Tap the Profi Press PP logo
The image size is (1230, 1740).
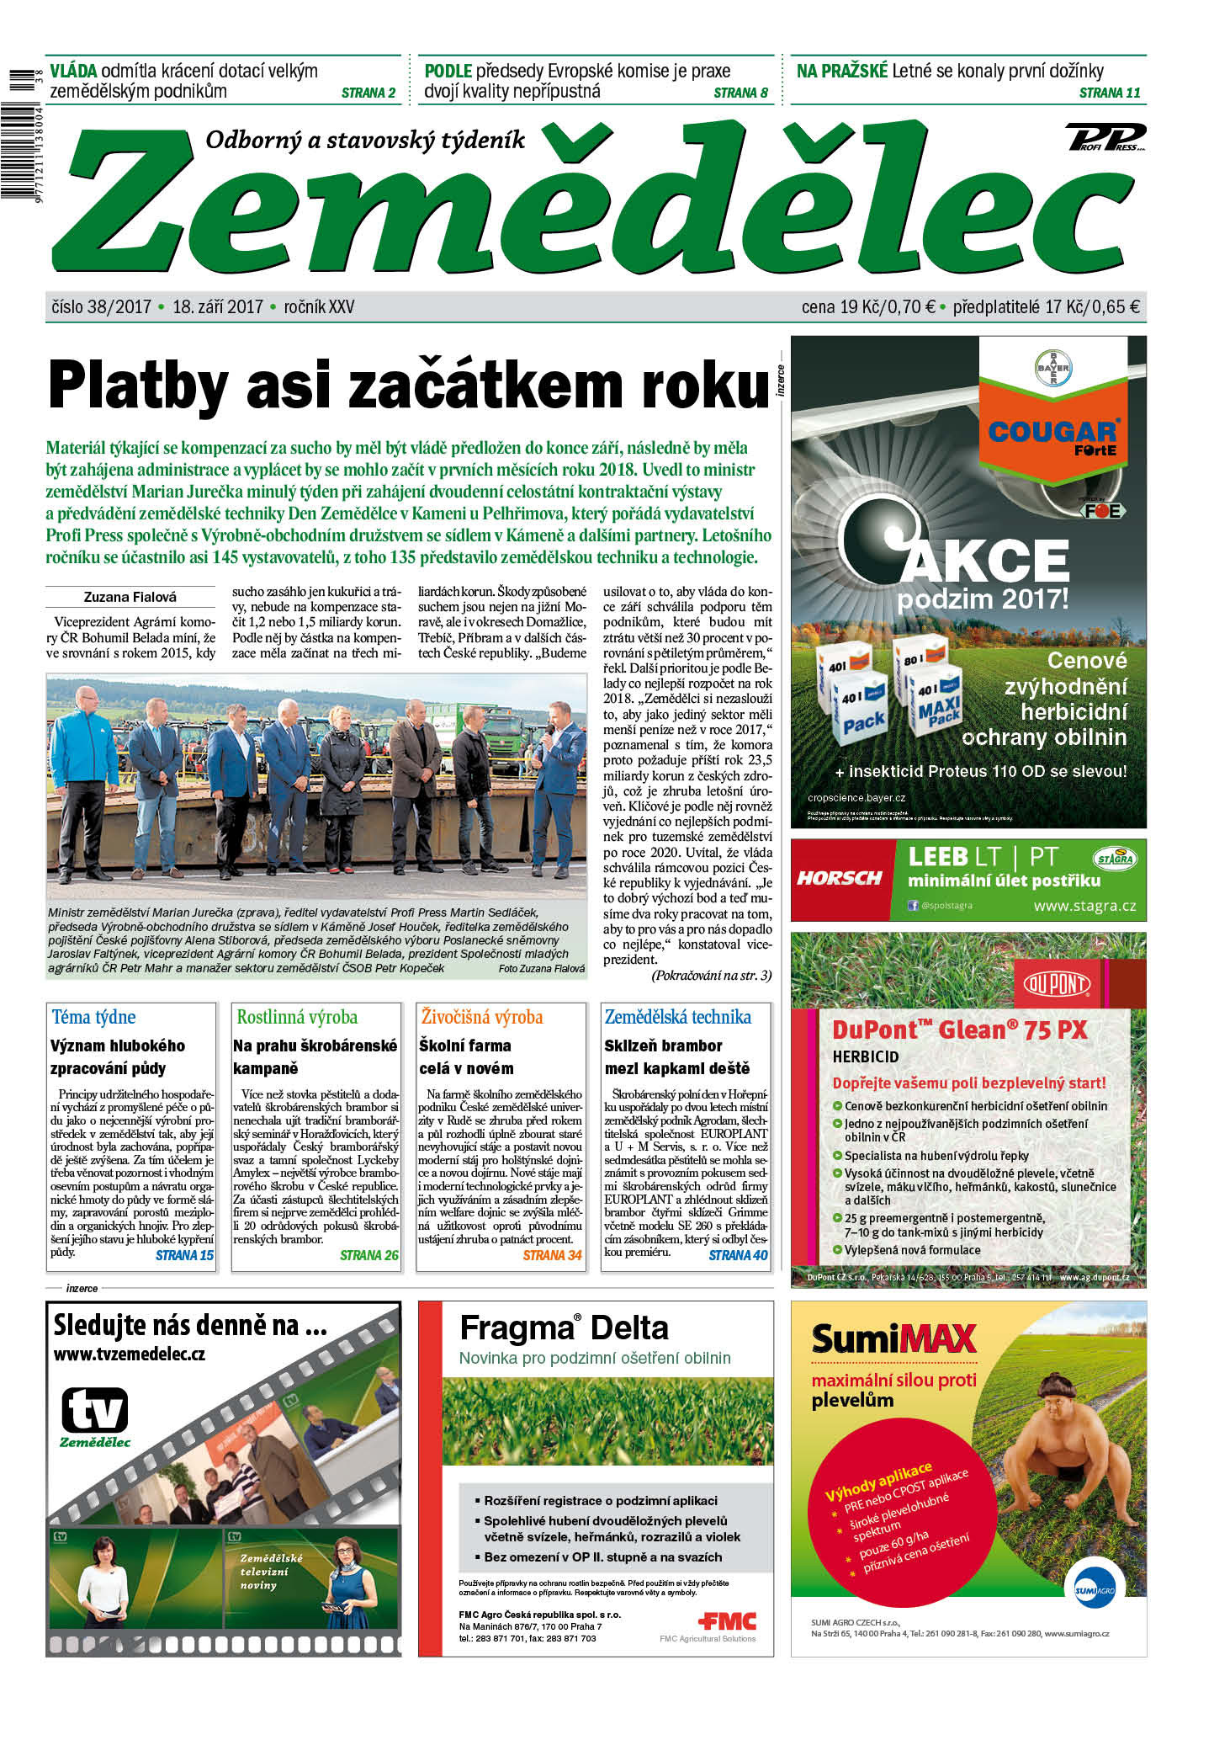1105,136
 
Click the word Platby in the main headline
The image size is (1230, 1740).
138,386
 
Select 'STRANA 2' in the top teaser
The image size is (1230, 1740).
368,93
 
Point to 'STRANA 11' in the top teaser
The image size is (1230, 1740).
1109,93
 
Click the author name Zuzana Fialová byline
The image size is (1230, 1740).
130,597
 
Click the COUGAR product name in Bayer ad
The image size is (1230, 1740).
1052,432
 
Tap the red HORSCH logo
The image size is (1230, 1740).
839,878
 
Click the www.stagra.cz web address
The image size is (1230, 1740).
1084,907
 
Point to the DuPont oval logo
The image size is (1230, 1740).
1057,983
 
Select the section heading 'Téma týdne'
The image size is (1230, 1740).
93,1017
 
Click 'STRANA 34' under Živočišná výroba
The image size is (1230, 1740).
552,1255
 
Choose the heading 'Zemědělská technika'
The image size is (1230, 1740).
677,1017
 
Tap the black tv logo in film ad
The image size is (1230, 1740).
95,1410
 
